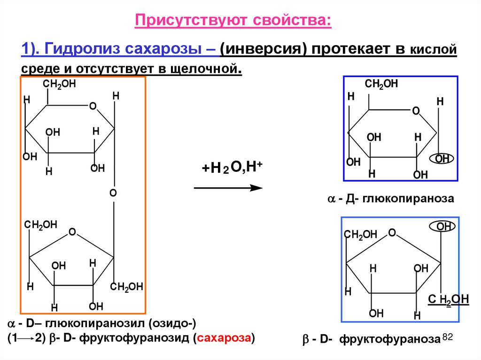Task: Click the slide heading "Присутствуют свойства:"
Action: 233,21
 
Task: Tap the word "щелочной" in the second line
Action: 212,69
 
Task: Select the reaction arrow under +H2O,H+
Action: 228,188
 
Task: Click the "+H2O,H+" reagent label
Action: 228,168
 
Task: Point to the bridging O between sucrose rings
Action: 113,193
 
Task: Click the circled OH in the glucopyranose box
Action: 442,159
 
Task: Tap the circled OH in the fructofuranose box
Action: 442,227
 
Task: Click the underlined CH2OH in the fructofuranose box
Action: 449,299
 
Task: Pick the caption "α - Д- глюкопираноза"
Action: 390,199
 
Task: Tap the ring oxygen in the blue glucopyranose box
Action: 416,111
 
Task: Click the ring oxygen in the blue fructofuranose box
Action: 392,233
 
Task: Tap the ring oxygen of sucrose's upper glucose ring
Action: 93,107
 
